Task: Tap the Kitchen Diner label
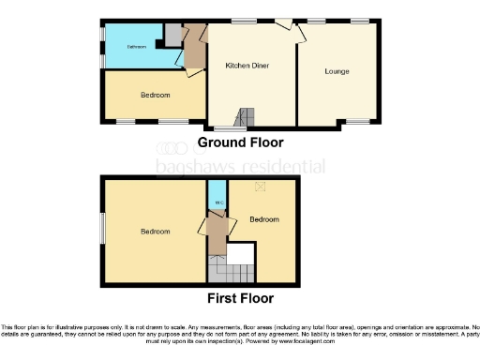pos(241,66)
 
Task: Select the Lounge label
pos(337,71)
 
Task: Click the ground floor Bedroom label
pos(155,96)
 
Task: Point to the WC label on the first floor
pos(217,202)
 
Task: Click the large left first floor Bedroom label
pos(155,231)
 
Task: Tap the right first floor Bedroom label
pos(264,219)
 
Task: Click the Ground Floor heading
pos(239,143)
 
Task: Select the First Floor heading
pos(240,299)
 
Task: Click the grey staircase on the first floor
pos(230,273)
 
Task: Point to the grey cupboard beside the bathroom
pos(172,34)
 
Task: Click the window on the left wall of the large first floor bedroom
pos(102,231)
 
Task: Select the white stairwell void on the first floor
pos(241,253)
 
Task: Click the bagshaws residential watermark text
pos(240,167)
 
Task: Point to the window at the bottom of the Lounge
pos(357,122)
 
